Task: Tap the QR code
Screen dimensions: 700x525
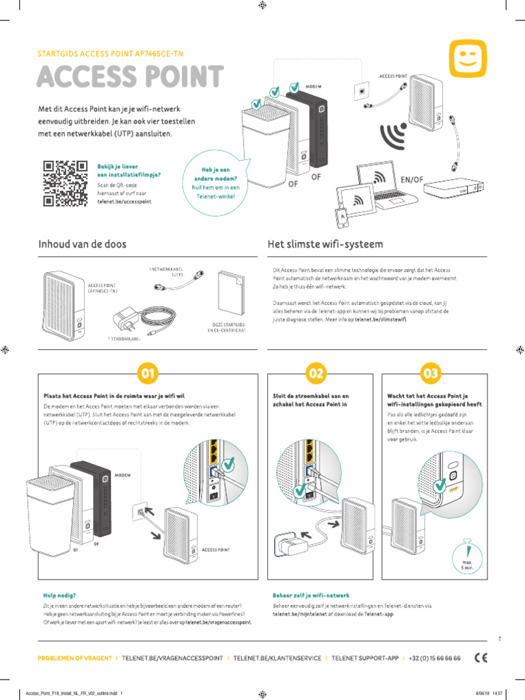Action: (x=65, y=183)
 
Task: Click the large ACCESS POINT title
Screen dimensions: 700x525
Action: (x=130, y=77)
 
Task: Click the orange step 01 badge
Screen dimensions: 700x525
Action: (x=148, y=373)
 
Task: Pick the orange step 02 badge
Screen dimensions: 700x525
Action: (x=315, y=373)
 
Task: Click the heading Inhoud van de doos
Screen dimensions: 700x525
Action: (x=82, y=244)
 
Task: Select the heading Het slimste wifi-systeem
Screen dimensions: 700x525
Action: (x=324, y=244)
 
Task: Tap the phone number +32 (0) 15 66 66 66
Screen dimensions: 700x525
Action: (x=435, y=658)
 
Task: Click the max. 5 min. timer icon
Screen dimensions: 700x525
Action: (x=467, y=556)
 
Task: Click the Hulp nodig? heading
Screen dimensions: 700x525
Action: (x=59, y=595)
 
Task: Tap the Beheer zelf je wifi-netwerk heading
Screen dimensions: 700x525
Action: (x=310, y=595)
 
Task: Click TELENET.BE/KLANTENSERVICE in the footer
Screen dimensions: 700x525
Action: (x=277, y=658)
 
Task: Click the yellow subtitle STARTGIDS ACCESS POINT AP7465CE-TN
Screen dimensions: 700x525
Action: (x=109, y=53)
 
